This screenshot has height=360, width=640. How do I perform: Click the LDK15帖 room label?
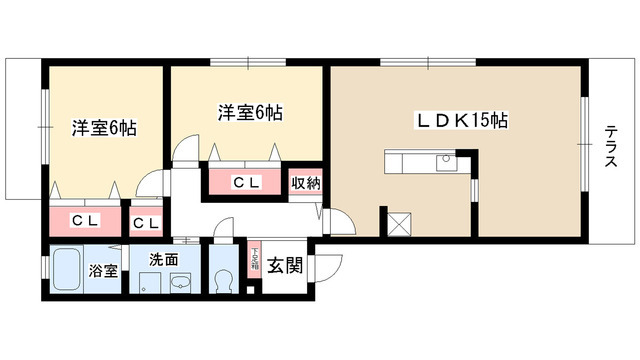click(462, 121)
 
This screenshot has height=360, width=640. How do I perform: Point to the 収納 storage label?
click(306, 183)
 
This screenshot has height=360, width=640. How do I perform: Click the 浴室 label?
click(104, 270)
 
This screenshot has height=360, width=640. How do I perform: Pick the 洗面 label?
click(164, 260)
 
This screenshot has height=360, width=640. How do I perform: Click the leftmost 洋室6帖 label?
click(103, 128)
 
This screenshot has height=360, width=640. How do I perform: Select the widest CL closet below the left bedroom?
click(82, 221)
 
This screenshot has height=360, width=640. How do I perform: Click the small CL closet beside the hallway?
click(145, 222)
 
